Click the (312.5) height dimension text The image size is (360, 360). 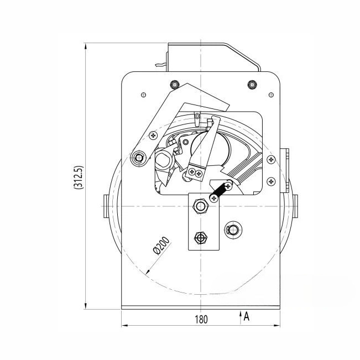[79, 178]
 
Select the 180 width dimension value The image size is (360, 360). [201, 320]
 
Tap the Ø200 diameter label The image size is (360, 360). [161, 246]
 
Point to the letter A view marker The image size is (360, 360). [246, 316]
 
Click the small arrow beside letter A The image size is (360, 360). [241, 317]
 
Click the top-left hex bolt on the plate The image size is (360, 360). [175, 85]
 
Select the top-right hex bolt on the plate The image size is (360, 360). [252, 85]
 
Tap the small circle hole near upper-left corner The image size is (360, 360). [143, 95]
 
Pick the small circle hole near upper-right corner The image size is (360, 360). [271, 95]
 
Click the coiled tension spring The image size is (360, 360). [220, 191]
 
